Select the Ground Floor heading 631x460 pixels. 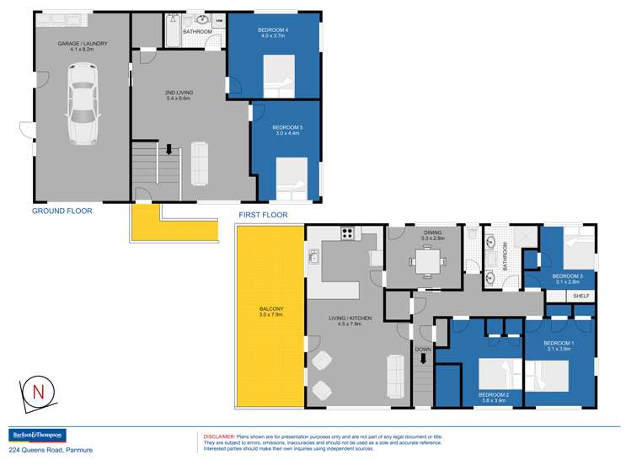(x=61, y=211)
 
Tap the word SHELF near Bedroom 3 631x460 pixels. (x=581, y=297)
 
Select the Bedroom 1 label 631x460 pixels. (x=559, y=345)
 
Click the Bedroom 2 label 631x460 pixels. (x=491, y=398)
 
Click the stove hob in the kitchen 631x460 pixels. (x=346, y=233)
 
